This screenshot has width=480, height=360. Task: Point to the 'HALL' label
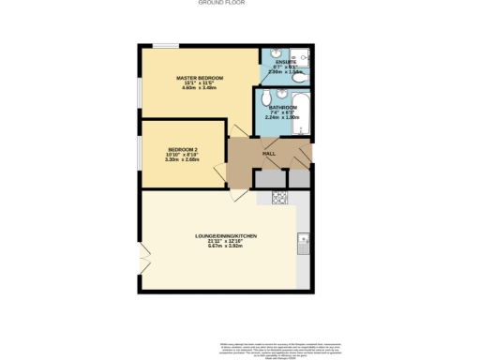[x=268, y=153]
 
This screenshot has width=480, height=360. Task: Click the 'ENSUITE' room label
[x=285, y=62]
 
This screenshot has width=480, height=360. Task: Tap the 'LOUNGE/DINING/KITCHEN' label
[x=226, y=235]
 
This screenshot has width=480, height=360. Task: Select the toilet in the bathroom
[x=268, y=97]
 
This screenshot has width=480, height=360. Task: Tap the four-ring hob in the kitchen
[x=279, y=198]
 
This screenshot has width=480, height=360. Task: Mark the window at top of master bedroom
[x=166, y=45]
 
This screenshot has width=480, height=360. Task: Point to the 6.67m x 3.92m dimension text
[x=226, y=246]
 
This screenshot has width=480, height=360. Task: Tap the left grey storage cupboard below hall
[x=269, y=178]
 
